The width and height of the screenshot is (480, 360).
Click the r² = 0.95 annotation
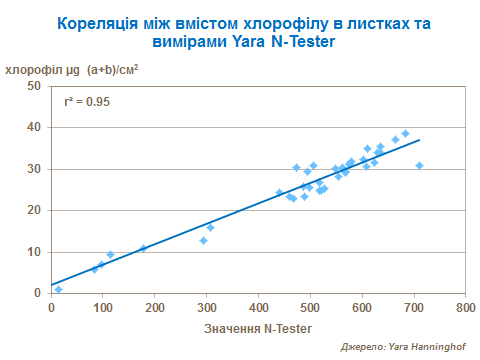coord(87,102)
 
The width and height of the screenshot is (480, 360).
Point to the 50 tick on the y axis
coord(33,86)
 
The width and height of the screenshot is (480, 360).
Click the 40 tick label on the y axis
coord(33,127)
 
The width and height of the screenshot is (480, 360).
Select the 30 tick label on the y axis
coord(33,169)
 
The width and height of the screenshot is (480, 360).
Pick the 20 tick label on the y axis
coord(33,210)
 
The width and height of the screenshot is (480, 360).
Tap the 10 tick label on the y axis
coord(33,252)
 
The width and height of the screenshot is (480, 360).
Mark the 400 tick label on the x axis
coord(258,309)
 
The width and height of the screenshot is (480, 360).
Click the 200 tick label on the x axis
coord(155,309)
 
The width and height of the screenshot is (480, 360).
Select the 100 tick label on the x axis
coord(103,309)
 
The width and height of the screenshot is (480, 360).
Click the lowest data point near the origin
coord(58,289)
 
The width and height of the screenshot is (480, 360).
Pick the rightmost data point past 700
coord(419,165)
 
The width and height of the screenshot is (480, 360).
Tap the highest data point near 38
coord(405,133)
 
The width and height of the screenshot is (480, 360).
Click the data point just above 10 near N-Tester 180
coord(143,248)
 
